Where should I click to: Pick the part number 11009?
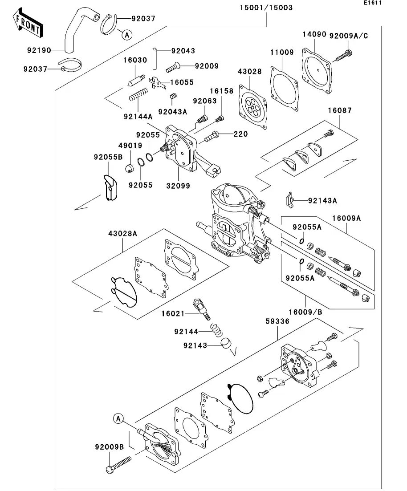pos(281,52)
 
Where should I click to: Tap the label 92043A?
pos(173,112)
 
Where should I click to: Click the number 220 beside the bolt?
pos(240,134)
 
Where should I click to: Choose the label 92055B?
pos(108,157)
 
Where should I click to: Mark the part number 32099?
pos(178,186)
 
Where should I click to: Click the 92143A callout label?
pos(323,200)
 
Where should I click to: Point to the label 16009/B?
pos(305,312)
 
